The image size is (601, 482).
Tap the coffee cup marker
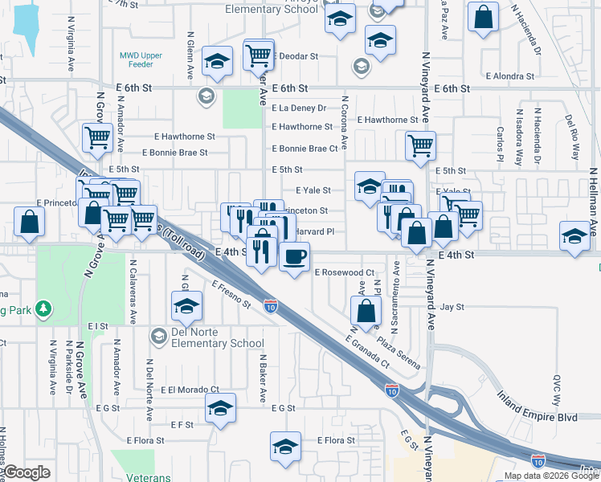point(295,257)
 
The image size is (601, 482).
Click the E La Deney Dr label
point(299,108)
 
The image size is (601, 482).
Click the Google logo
point(27,472)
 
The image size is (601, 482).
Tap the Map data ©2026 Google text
point(550,476)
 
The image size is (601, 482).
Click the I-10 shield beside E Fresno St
point(271,307)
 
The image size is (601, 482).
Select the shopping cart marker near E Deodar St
point(258,55)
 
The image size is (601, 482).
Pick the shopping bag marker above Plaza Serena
point(366,311)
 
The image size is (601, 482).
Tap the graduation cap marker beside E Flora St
point(285,447)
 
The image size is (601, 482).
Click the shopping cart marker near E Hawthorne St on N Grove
point(97,137)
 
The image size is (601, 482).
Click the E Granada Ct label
point(367,351)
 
